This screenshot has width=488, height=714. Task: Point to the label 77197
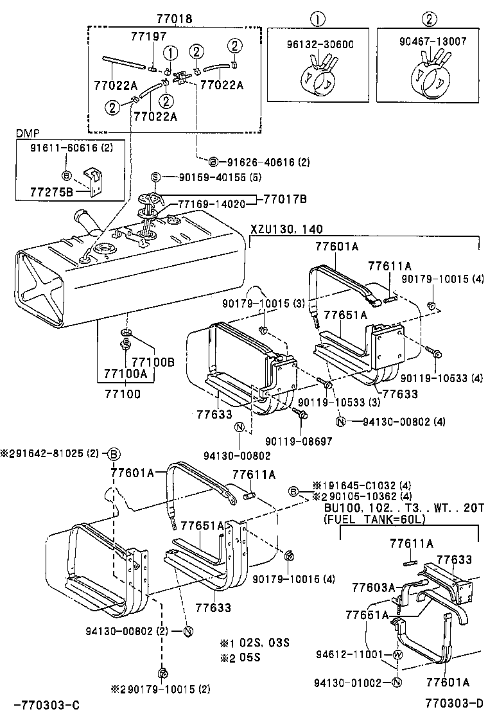pos(148,37)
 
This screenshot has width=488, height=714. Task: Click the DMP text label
pos(27,133)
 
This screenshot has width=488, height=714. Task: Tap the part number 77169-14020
pos(212,204)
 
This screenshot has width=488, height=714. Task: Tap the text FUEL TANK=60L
pos(372,519)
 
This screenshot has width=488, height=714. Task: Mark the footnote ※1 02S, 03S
pos(254,643)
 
